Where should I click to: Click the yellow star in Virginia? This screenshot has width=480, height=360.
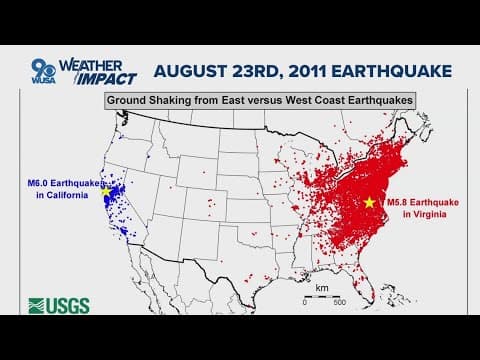[x=369, y=202]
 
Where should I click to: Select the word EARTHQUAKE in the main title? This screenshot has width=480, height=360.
[x=384, y=71]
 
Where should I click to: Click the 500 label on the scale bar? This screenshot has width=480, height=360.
[x=339, y=302]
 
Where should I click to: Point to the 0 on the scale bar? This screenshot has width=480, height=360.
[x=305, y=302]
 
